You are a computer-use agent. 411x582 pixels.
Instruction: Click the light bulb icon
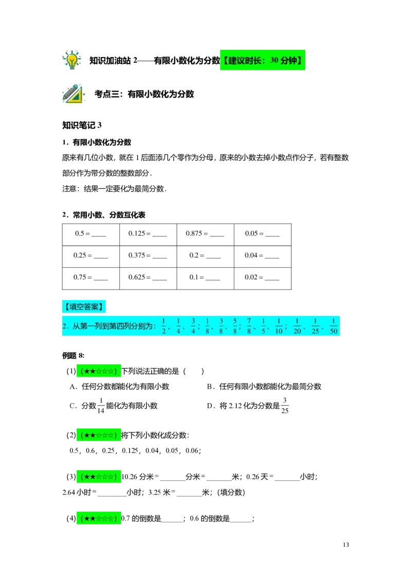[x=71, y=60]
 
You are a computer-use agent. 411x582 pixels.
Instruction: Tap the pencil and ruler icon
[x=73, y=94]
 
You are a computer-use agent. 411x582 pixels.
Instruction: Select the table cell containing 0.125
[x=148, y=234]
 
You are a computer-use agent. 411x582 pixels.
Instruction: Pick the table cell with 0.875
[x=206, y=234]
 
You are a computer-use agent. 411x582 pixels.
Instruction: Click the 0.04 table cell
[x=263, y=257]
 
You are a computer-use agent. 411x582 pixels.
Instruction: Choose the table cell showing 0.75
[x=91, y=278]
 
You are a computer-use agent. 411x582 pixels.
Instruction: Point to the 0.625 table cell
[x=148, y=278]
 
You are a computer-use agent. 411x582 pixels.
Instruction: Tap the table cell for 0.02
[x=263, y=278]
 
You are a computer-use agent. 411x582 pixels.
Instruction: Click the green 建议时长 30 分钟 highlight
[x=263, y=60]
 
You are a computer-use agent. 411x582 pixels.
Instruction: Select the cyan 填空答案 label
[x=84, y=306]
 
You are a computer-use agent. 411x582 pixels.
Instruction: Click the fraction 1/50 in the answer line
[x=333, y=326]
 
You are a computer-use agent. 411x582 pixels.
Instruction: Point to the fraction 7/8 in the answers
[x=249, y=326]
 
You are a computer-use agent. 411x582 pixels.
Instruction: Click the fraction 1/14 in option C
[x=101, y=405]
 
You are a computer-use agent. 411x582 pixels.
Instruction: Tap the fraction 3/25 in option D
[x=285, y=405]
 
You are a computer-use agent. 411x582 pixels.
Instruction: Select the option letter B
[x=210, y=387]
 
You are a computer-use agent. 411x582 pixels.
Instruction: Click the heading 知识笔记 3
[x=82, y=125]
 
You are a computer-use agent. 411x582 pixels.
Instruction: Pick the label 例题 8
[x=73, y=356]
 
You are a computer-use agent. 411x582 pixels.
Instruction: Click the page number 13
[x=346, y=544]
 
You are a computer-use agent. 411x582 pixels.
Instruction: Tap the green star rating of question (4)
[x=99, y=518]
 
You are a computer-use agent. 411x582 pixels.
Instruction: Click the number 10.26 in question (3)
[x=129, y=477]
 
